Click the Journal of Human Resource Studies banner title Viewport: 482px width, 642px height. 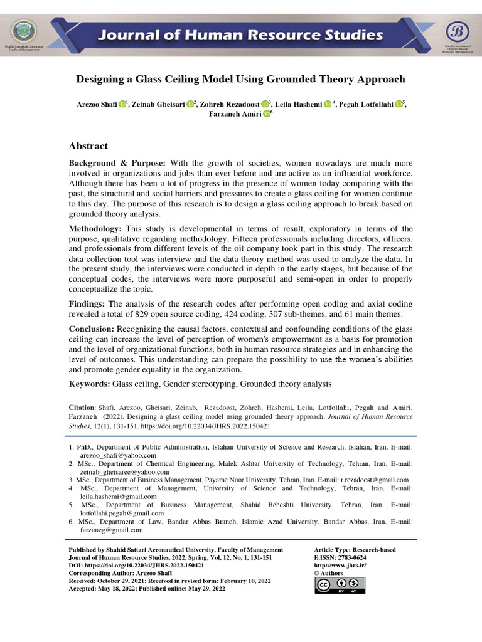241,35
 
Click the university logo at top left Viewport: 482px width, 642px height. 24,31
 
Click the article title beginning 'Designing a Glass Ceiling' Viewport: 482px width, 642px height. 240,80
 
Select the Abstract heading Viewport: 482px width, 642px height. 88,146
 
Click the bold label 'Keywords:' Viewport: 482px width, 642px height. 89,384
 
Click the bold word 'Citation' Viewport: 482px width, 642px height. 81,408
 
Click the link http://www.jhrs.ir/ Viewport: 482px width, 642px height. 340,566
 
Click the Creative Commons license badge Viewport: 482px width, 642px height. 340,585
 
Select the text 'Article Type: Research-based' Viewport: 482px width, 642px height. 355,550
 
